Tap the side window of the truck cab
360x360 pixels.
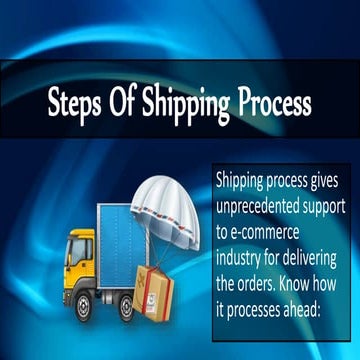(81, 250)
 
